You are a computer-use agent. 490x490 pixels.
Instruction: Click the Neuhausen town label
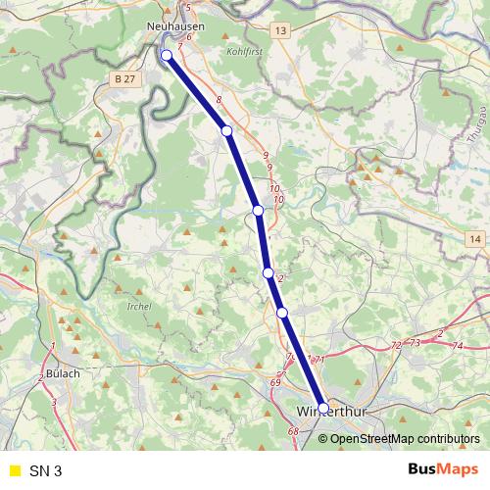click(x=174, y=26)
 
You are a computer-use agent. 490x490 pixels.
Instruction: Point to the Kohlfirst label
click(x=245, y=49)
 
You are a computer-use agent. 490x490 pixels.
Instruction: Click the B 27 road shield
click(x=123, y=77)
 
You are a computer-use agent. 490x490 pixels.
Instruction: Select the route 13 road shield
click(x=282, y=32)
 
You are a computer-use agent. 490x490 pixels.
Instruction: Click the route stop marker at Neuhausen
click(x=167, y=55)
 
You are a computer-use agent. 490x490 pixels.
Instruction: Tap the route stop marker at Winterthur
click(x=323, y=408)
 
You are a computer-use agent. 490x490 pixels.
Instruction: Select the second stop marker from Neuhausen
click(x=226, y=130)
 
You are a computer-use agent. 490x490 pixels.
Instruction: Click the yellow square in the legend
click(x=13, y=471)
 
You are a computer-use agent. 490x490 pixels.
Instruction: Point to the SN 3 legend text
click(x=45, y=471)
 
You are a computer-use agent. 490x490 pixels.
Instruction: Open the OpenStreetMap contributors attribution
click(x=404, y=439)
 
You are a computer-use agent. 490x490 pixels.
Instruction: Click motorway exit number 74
click(x=458, y=347)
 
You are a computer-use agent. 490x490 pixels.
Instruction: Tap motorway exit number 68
click(x=293, y=431)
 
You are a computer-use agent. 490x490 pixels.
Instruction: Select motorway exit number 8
click(x=220, y=100)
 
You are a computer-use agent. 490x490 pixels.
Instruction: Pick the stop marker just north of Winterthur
click(x=282, y=313)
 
